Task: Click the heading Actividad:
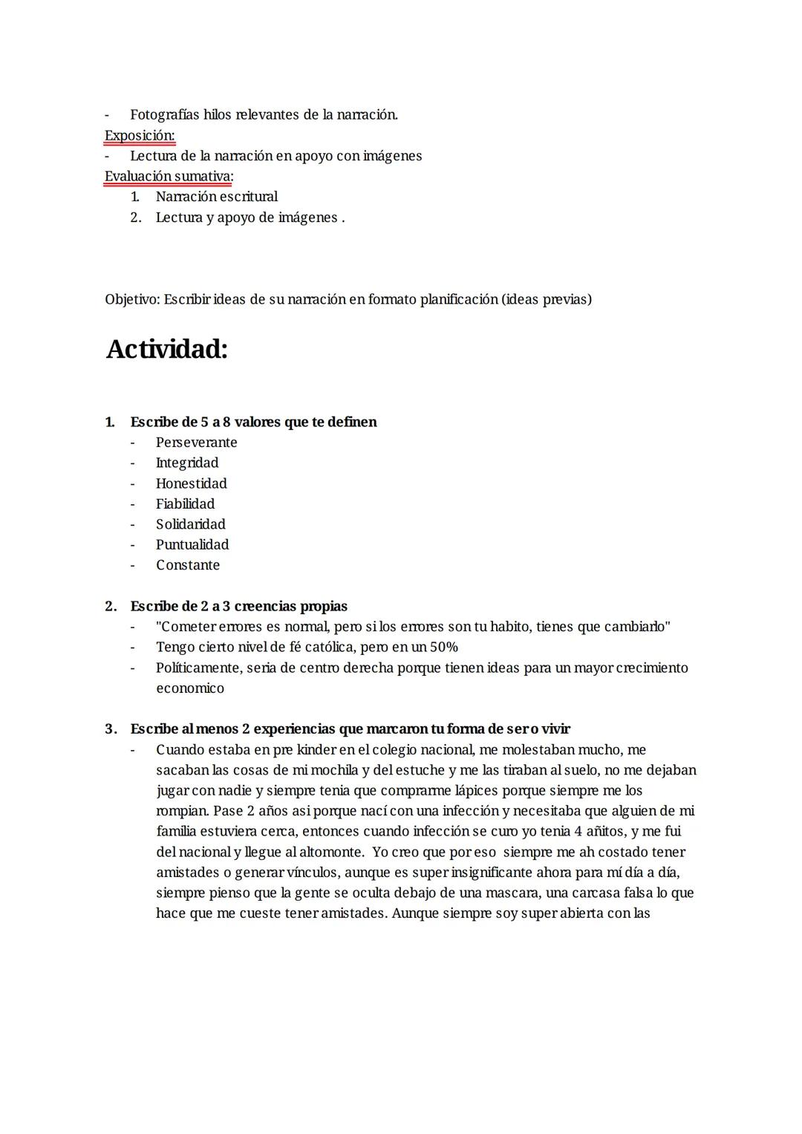166,349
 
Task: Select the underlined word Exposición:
140,135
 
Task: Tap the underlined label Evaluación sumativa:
169,176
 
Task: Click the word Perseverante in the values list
196,443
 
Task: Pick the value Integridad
187,463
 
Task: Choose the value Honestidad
191,483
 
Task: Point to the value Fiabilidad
185,504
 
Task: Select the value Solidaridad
190,524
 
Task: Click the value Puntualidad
192,544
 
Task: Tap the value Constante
188,565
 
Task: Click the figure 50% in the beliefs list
443,647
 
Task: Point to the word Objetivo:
132,299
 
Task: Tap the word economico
189,688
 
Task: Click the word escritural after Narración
249,197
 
